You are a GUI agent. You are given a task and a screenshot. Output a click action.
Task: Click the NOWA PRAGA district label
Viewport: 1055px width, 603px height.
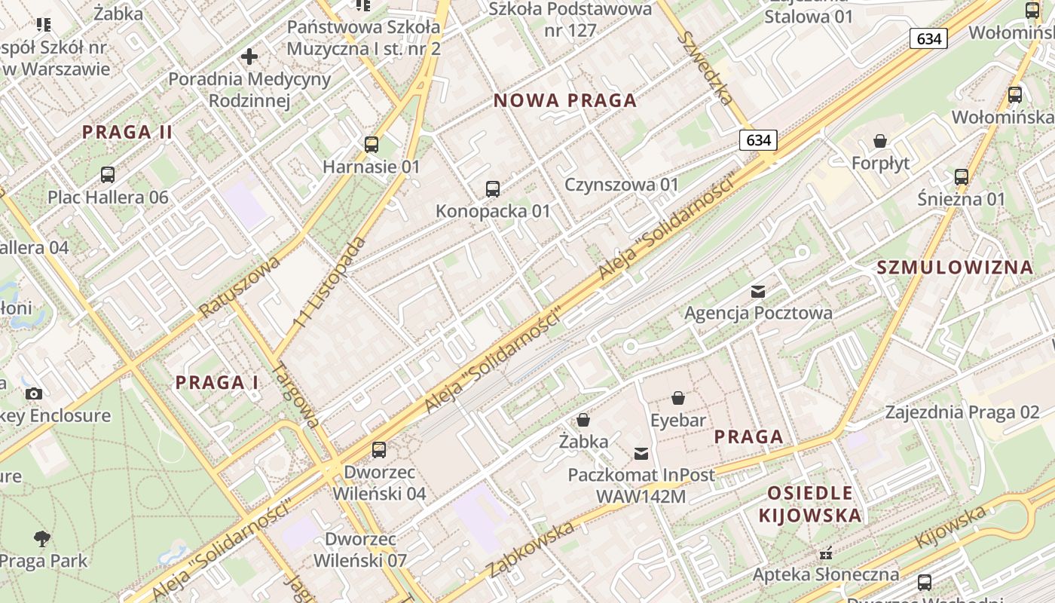point(565,100)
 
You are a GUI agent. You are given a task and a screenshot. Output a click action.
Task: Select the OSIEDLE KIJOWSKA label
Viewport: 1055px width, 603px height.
point(810,504)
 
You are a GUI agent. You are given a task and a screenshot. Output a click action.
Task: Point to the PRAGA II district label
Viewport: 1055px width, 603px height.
point(127,132)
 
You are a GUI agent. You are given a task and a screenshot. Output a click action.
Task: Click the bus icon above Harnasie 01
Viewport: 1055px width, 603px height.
point(371,144)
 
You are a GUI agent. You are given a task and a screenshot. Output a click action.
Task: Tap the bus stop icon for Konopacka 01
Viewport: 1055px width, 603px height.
point(493,188)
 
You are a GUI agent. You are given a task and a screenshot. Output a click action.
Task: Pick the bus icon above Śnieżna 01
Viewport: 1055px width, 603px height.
point(962,176)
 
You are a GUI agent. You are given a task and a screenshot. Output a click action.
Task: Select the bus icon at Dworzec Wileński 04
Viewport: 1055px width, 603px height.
point(379,449)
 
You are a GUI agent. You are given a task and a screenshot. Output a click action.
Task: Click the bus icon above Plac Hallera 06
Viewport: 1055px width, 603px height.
point(108,175)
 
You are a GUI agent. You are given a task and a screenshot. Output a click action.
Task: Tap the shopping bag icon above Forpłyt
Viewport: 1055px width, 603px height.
point(880,141)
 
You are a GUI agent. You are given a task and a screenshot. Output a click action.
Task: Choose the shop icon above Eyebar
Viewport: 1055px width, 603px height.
point(678,398)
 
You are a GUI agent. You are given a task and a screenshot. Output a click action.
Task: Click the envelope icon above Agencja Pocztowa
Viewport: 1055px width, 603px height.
point(758,291)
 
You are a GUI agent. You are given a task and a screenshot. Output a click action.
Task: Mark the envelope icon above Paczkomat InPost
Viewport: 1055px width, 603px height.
point(641,453)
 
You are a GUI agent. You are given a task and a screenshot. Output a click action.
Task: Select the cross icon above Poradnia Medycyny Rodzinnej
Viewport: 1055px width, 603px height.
point(249,57)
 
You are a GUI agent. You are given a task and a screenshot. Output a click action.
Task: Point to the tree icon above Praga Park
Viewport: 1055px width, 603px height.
point(42,538)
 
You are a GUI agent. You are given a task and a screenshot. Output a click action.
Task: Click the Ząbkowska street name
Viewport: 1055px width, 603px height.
point(531,549)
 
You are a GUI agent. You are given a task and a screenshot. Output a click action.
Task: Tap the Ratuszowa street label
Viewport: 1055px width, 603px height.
point(240,286)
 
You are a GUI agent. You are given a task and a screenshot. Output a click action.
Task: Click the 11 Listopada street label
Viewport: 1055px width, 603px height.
point(330,282)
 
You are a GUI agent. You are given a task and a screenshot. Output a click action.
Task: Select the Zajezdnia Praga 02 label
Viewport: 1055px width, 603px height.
point(962,412)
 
